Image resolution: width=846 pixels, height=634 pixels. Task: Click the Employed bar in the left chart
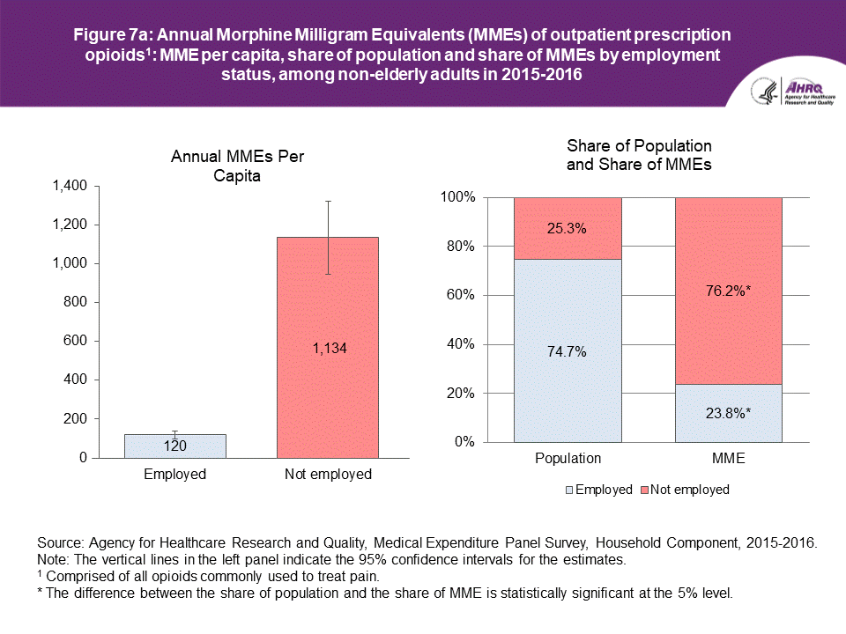(x=174, y=446)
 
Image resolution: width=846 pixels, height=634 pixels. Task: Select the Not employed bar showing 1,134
(x=328, y=348)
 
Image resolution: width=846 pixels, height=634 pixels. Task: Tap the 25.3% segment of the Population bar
(x=568, y=228)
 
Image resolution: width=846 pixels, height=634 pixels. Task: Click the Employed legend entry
(x=598, y=490)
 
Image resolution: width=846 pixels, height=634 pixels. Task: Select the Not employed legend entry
(x=687, y=490)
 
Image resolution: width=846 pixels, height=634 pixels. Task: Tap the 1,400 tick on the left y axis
(x=68, y=186)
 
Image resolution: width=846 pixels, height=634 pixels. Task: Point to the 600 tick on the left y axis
(x=75, y=341)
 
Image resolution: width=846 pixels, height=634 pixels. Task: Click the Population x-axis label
(x=568, y=459)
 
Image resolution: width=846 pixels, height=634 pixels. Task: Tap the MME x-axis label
(x=729, y=459)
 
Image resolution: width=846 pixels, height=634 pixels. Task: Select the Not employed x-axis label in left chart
(x=328, y=475)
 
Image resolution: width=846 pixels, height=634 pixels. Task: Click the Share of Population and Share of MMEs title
(x=639, y=155)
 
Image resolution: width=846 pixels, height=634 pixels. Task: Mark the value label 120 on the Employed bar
(x=174, y=446)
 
